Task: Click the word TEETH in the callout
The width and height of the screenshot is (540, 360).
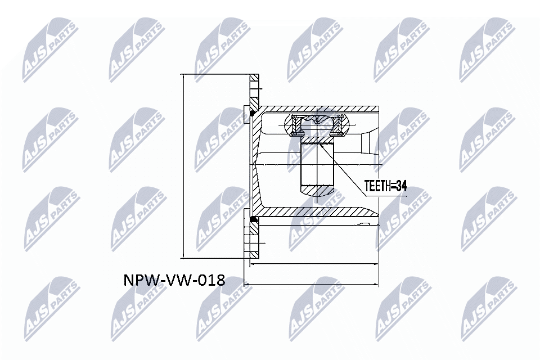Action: tap(378, 185)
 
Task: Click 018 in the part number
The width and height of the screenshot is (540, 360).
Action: tap(210, 280)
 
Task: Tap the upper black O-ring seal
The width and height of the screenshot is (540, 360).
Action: tap(254, 115)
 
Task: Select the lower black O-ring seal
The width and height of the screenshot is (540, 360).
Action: tap(254, 219)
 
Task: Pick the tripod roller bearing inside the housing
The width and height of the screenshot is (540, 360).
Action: tap(317, 125)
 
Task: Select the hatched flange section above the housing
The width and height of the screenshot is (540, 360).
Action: tap(254, 93)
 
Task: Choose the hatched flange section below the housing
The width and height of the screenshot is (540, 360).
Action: tap(254, 239)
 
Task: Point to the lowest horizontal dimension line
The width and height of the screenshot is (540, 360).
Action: tap(312, 284)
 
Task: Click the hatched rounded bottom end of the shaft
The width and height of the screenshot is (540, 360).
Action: tap(317, 192)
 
